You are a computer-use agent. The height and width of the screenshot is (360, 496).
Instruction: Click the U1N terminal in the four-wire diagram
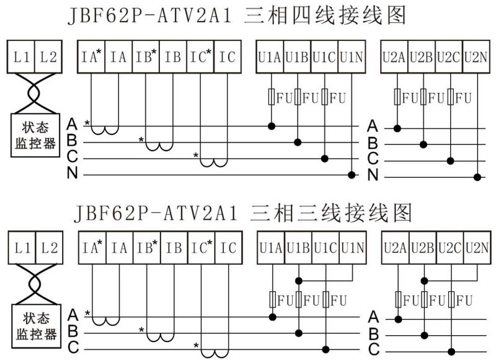tap(352, 57)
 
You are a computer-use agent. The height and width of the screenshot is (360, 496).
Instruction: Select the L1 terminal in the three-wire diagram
tap(22, 248)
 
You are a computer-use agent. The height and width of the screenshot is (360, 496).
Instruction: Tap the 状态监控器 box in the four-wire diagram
tap(35, 135)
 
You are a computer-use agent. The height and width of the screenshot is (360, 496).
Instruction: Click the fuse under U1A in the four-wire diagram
tap(271, 97)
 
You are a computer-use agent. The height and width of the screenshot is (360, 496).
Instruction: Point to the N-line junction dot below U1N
tap(352, 175)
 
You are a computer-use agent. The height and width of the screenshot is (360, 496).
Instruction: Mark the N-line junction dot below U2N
tap(477, 177)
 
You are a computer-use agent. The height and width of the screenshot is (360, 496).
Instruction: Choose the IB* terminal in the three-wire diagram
tap(147, 248)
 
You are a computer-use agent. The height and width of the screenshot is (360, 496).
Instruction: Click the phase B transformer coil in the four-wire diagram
tap(159, 146)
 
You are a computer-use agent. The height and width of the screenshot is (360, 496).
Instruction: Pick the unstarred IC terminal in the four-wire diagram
tap(228, 57)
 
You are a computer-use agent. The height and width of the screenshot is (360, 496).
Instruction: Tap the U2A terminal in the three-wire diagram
tap(395, 248)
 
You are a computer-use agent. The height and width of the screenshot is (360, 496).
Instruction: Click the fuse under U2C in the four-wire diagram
tap(451, 97)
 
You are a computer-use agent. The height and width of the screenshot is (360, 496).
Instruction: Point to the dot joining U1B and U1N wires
tap(298, 281)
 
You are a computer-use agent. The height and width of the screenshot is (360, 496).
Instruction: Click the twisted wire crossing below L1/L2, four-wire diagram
tap(35, 93)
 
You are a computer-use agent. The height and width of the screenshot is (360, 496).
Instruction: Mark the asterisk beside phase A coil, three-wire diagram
tap(87, 314)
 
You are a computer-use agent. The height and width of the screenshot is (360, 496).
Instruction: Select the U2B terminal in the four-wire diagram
tap(422, 57)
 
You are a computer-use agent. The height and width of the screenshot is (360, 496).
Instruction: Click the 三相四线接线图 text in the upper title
tap(325, 15)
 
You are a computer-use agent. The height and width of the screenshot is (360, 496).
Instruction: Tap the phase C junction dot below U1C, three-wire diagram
tap(325, 349)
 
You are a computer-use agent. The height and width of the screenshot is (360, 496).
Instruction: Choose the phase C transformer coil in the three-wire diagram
tap(215, 354)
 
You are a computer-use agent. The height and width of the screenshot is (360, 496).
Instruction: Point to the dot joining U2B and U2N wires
tap(425, 281)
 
